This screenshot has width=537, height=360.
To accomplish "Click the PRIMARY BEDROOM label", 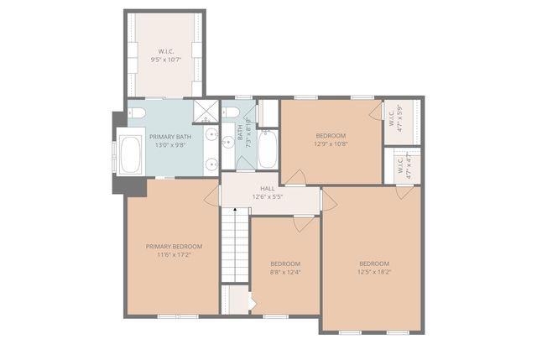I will click(x=174, y=246).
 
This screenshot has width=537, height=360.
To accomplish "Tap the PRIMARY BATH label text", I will click(x=172, y=136).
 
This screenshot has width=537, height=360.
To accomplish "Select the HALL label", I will click(x=268, y=189).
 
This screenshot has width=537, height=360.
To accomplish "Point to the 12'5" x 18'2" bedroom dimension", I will click(x=373, y=271).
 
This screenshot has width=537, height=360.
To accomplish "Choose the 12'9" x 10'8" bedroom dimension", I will click(x=331, y=143).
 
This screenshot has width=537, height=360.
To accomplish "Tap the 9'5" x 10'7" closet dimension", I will click(x=166, y=60).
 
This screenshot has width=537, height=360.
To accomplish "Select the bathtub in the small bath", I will click(x=267, y=149).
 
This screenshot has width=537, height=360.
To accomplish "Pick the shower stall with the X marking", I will click(x=206, y=111).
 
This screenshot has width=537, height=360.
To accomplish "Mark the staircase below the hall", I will click(x=236, y=247).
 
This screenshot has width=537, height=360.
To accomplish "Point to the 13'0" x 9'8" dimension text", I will click(x=172, y=144).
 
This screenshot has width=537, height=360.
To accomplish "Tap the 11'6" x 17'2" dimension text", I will click(x=174, y=254).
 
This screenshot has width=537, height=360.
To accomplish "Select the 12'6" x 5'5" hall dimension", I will click(x=268, y=197).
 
